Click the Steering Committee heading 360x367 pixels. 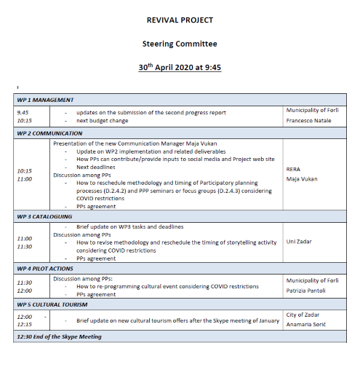click(x=180, y=44)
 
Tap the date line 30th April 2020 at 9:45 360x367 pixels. click(x=180, y=66)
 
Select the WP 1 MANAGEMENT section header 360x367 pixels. click(x=45, y=100)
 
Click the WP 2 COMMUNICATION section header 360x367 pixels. click(x=50, y=134)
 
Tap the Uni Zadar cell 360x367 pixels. click(x=300, y=240)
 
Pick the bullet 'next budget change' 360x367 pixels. click(x=104, y=121)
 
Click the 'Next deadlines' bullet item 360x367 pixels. click(x=98, y=167)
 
